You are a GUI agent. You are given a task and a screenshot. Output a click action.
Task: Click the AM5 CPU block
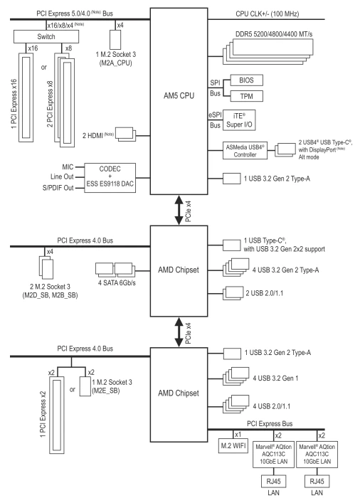coord(179,101)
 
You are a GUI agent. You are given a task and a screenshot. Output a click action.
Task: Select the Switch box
coord(46,36)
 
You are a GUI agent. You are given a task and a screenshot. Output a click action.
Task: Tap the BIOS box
coord(247,80)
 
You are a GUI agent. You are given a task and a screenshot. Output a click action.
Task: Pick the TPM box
coord(247,96)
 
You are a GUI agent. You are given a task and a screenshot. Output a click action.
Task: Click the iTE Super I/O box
coord(239,120)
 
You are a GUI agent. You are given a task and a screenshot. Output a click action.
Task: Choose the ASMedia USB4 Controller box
coord(245,151)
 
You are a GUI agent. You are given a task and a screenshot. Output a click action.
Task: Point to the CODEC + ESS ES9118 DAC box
coord(110,178)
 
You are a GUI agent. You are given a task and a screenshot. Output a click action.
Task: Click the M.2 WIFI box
coord(233,445)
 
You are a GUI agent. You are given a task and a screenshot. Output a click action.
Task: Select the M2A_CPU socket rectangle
coord(115,40)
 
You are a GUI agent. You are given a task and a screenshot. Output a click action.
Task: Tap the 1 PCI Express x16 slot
coord(26,97)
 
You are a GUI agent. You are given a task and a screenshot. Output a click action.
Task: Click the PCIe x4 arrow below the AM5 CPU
coord(179,211)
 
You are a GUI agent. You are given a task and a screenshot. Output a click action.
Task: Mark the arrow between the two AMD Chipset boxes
coord(179,332)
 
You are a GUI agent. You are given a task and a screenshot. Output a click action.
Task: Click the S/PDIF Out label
coord(58,188)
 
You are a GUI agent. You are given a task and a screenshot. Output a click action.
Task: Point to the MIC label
coord(68,167)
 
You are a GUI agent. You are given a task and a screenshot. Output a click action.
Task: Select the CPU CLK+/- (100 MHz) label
coord(268,14)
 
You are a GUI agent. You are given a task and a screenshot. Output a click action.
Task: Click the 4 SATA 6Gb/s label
coord(117,282)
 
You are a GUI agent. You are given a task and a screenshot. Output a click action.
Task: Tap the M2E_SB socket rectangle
coord(85,386)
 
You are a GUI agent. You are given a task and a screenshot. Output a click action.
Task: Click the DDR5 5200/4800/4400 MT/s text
coord(274,34)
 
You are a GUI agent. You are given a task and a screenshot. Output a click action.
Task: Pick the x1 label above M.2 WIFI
coord(238,435)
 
